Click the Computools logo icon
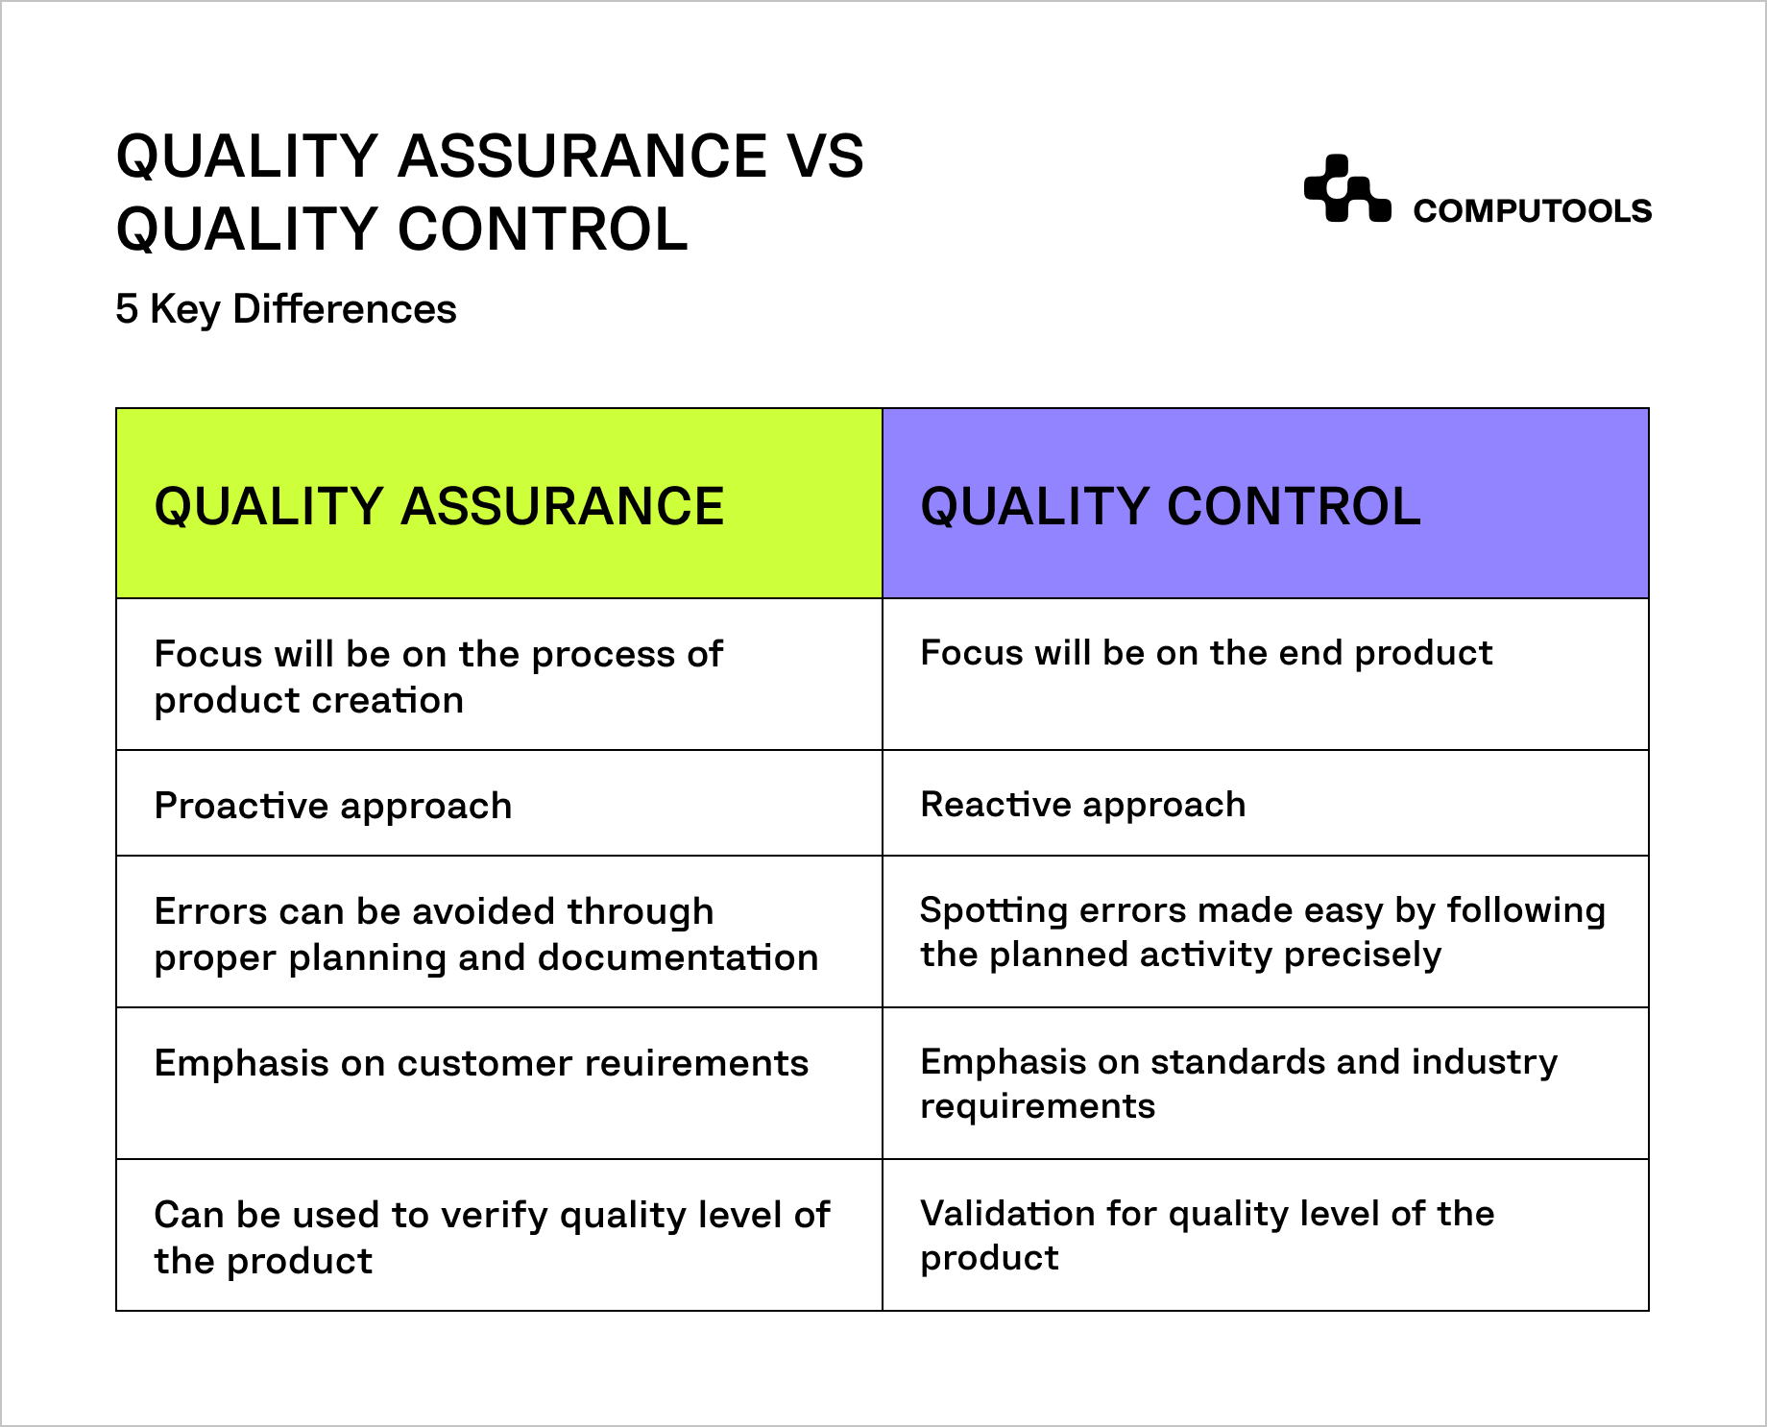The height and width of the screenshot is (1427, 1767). tap(1347, 188)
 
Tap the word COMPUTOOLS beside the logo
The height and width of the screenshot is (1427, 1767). tap(1532, 211)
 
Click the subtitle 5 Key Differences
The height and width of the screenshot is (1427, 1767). tap(286, 309)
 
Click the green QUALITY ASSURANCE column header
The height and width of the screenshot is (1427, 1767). tap(499, 503)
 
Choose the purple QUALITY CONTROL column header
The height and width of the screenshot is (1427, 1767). tap(1266, 503)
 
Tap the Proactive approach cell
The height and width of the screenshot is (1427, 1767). tap(499, 804)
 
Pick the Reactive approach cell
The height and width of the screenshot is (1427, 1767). tap(1266, 804)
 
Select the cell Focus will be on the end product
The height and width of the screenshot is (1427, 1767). tap(1266, 674)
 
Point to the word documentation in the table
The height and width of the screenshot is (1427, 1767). tap(678, 957)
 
